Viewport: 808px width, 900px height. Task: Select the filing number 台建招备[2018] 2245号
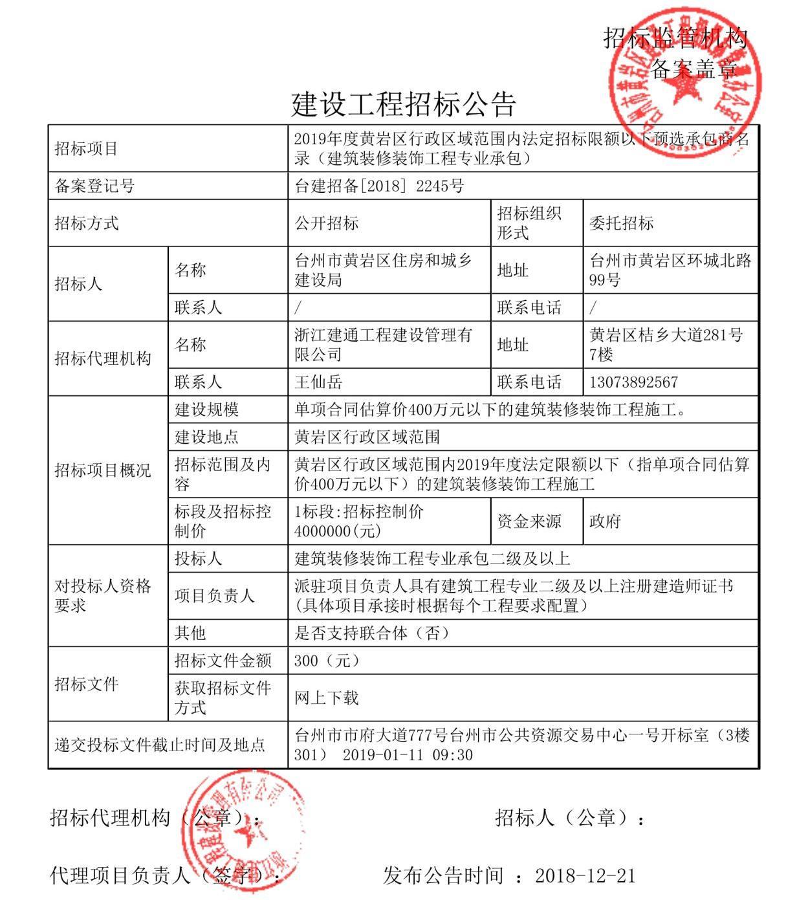(379, 186)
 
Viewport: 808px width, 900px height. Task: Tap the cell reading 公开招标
(327, 224)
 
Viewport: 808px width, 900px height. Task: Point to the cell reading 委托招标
(621, 224)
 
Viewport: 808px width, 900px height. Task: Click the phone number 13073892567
(633, 382)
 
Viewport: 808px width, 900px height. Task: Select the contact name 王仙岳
(318, 382)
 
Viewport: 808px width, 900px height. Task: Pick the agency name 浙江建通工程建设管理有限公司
(383, 345)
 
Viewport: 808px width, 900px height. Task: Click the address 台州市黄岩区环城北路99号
(670, 270)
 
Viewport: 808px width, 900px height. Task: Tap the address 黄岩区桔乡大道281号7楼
(666, 345)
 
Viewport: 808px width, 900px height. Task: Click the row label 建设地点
(206, 437)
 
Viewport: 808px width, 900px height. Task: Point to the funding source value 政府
(605, 521)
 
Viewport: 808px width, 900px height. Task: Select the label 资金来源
(529, 521)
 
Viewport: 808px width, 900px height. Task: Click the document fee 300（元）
(326, 661)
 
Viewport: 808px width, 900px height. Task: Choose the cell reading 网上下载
(326, 698)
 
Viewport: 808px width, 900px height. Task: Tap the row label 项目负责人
(214, 596)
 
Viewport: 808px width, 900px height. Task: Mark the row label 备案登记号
(94, 186)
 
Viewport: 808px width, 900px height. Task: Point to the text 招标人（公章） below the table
(562, 818)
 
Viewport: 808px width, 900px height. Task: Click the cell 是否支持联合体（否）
(371, 633)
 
